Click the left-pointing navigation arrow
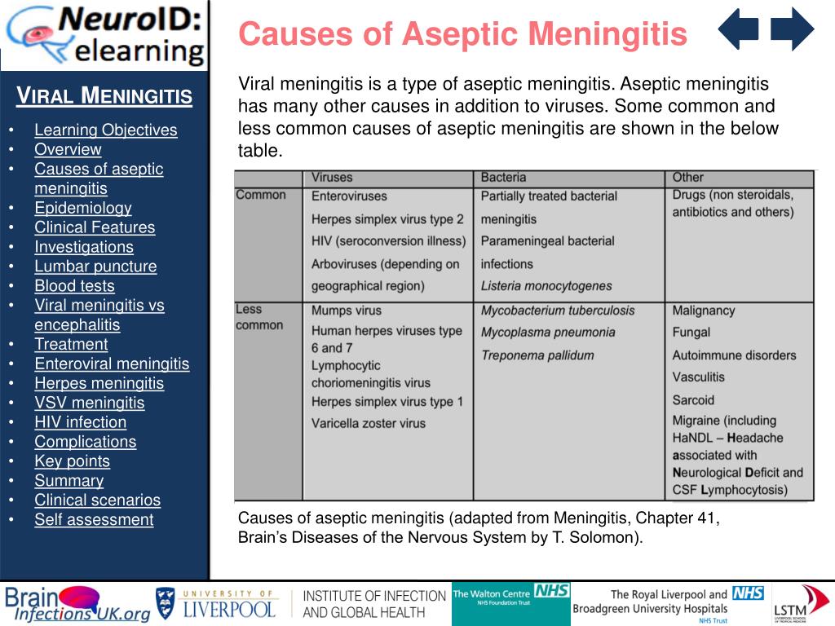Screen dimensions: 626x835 coord(738,30)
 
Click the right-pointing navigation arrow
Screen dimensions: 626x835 coord(792,30)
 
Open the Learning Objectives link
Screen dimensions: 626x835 coord(105,130)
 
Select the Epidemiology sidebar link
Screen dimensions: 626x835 coord(82,208)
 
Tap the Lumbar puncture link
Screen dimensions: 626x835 coord(95,266)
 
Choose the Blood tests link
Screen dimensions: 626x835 coord(74,285)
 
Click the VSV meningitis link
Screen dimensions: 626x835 coord(89,403)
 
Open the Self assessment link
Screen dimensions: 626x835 coord(93,519)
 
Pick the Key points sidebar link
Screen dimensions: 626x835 coord(72,461)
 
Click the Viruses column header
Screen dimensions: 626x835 coord(332,177)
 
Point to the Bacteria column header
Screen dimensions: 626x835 coord(503,177)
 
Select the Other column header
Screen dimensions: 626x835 coord(687,177)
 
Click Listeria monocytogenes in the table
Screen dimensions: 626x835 coord(546,286)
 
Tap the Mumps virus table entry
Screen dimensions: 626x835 coord(346,311)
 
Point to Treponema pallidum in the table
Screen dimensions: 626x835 coord(537,355)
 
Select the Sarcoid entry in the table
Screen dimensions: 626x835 coord(693,400)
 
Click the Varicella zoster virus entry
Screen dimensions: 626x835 coord(369,423)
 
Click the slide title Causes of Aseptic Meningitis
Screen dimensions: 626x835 coord(462,34)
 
